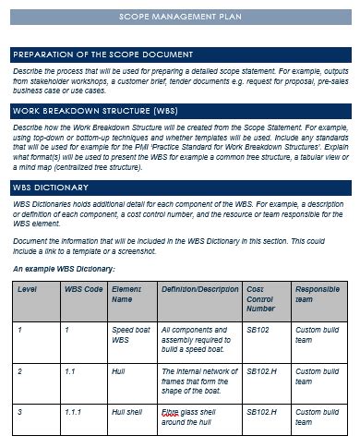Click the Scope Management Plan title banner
180,18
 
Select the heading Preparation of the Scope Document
102,55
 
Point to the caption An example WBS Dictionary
64,269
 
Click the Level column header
27,289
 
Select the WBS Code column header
83,289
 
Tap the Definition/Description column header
199,289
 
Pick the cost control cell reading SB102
258,329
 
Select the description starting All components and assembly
198,339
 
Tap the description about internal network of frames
198,380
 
